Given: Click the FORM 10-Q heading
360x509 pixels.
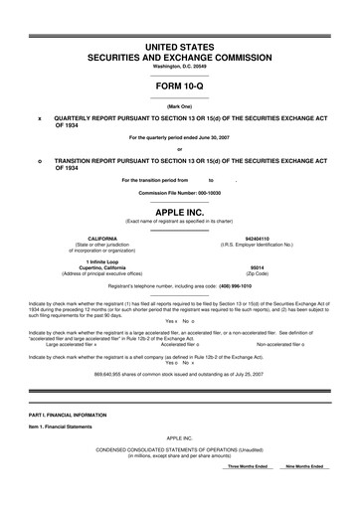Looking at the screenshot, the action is pos(180,86).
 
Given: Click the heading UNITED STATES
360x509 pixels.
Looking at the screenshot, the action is pos(180,47).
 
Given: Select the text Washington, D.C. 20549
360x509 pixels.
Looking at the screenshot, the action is pos(180,67).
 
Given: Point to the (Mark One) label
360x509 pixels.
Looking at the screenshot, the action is pos(180,105).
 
